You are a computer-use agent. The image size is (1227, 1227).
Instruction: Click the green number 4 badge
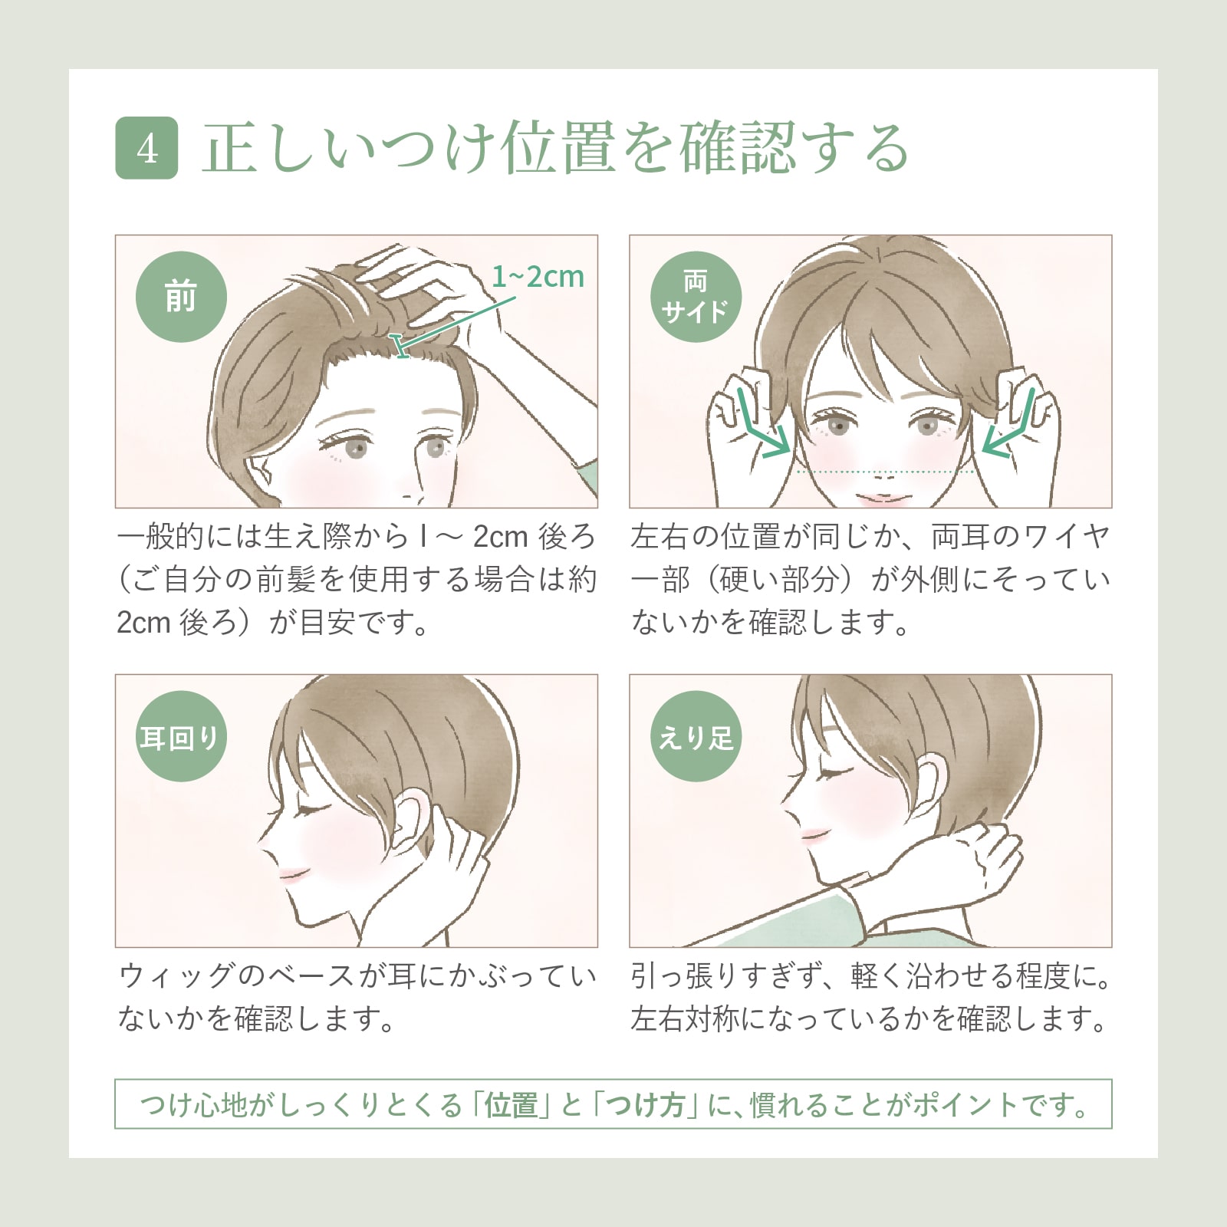[146, 148]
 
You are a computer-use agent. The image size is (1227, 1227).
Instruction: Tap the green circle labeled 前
[181, 297]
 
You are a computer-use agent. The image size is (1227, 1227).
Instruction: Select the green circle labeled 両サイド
[696, 297]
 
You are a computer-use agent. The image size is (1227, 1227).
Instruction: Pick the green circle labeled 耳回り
[181, 736]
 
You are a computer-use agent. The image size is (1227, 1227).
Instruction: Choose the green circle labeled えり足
[696, 736]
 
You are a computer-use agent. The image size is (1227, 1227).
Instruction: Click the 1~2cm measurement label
[538, 277]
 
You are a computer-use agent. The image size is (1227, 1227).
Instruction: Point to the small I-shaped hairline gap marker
[399, 346]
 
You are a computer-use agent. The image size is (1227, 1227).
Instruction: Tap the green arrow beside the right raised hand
[1011, 426]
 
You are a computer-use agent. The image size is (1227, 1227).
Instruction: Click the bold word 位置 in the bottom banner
[511, 1105]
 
